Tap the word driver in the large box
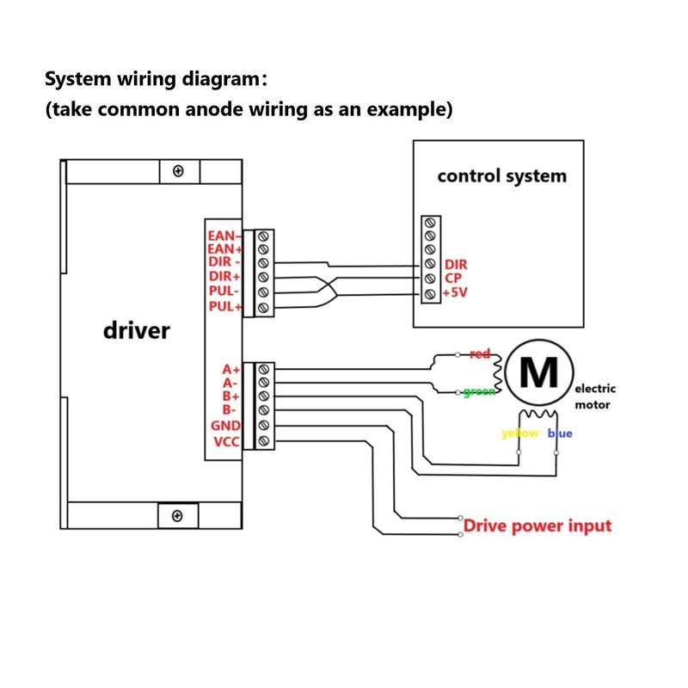coord(136,330)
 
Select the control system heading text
coord(502,176)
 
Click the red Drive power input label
coord(537,525)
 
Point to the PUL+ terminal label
coord(226,306)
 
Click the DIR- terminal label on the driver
coord(226,262)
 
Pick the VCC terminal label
coord(228,441)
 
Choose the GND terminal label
coord(227,427)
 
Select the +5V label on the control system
coord(455,293)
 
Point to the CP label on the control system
coord(453,279)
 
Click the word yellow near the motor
coord(519,433)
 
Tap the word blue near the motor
coord(560,433)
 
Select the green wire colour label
coord(478,392)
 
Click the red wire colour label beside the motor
coord(480,353)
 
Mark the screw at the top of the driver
coord(178,171)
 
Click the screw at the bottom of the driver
coord(177,515)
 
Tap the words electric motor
coord(594,396)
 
